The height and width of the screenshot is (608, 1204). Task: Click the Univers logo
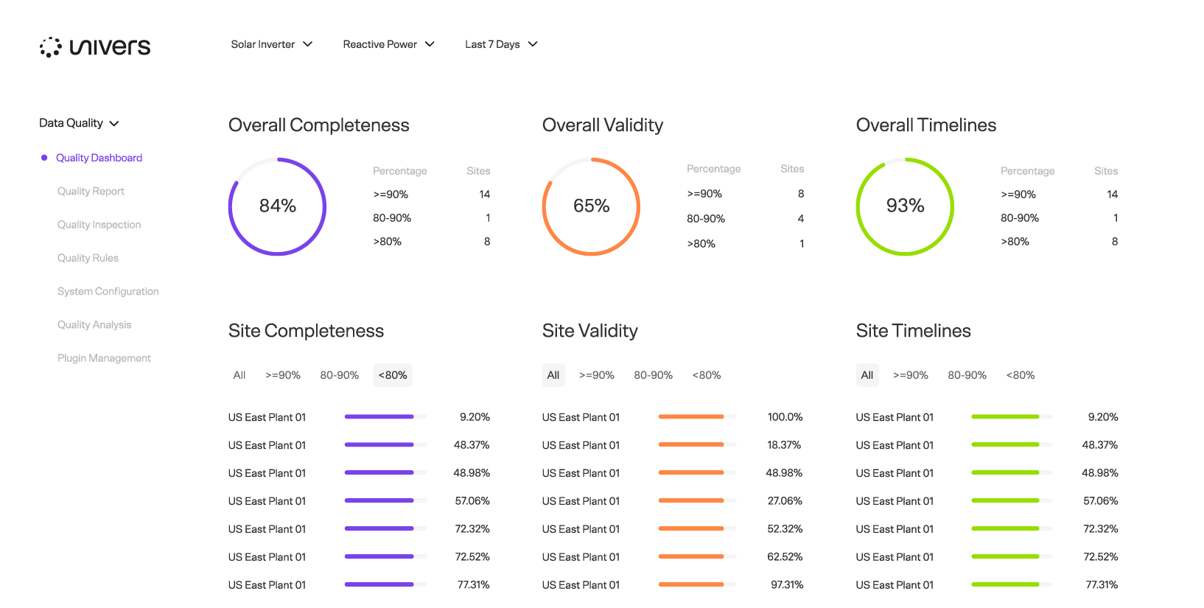(95, 46)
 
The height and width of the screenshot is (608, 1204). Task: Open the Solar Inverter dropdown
(271, 44)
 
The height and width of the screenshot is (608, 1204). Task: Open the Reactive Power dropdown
(388, 44)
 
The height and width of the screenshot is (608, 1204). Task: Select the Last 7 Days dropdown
(501, 44)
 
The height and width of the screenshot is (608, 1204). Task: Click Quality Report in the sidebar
(91, 192)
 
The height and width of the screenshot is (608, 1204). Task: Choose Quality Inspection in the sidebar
(99, 225)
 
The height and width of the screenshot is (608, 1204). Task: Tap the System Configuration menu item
(108, 291)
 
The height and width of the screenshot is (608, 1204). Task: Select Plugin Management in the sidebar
(104, 358)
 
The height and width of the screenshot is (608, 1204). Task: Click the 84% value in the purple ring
(277, 206)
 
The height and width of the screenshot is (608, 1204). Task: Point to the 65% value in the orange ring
(591, 206)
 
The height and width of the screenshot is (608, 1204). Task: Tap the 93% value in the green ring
(905, 206)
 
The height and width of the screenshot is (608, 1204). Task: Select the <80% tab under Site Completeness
(393, 375)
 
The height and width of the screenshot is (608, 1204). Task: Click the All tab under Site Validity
(553, 375)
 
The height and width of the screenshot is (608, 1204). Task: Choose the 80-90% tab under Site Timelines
(967, 375)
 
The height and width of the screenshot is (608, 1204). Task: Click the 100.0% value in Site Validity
(785, 417)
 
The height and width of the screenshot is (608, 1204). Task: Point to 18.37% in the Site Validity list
(784, 445)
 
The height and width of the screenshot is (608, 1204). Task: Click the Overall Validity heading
(603, 125)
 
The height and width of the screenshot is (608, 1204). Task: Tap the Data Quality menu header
(79, 123)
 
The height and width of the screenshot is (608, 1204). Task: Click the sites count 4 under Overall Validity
(801, 219)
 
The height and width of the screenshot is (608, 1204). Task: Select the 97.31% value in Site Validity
(787, 585)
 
